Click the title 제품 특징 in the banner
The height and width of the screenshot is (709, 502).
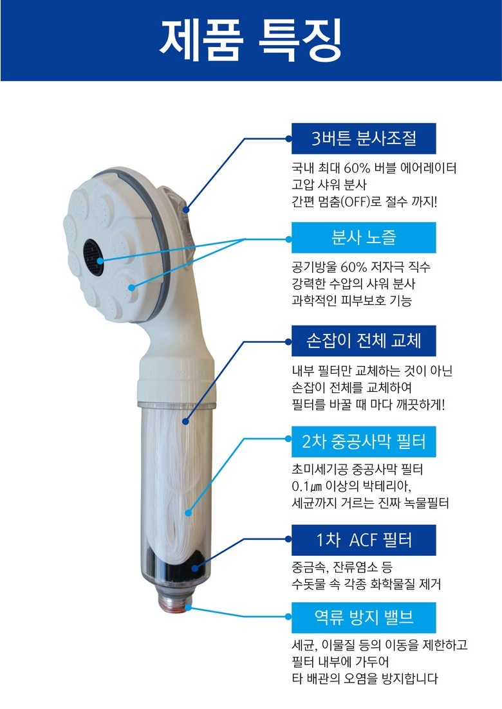point(251,41)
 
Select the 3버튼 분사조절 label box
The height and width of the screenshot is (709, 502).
point(364,138)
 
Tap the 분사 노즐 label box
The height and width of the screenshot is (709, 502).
point(364,237)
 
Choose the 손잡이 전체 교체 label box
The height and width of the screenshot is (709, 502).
point(364,340)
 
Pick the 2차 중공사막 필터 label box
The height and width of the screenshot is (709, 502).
point(364,441)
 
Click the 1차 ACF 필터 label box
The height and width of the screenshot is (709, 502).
point(364,540)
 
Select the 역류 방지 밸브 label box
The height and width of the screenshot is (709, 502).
point(364,617)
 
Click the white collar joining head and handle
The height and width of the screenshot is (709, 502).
point(177,380)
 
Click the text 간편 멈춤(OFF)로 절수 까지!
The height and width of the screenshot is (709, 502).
point(364,201)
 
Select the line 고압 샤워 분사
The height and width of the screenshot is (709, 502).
point(330,185)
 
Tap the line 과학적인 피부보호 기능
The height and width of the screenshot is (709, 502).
point(352,300)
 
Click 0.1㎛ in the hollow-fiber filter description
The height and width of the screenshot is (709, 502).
point(307,487)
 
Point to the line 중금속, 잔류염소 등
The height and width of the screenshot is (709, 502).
point(342,567)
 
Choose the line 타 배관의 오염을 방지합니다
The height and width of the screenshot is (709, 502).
point(365,679)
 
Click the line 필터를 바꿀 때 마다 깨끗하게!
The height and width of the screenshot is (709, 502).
point(369,404)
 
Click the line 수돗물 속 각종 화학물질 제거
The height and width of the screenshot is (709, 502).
point(366,584)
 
